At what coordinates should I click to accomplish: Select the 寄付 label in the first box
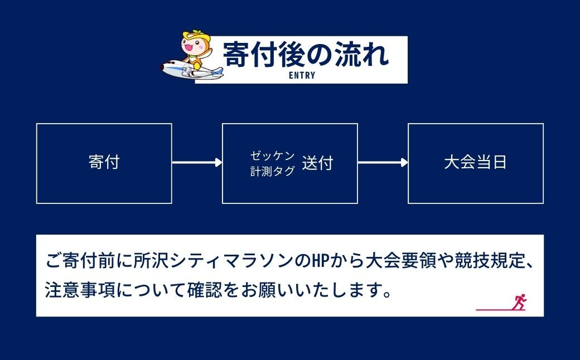pyautogui.click(x=104, y=163)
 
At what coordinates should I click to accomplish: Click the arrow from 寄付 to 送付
pyautogui.click(x=197, y=163)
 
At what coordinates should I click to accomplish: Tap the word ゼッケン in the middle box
pyautogui.click(x=272, y=155)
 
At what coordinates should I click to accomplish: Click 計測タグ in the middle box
pyautogui.click(x=272, y=172)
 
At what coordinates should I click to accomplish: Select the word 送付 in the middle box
pyautogui.click(x=317, y=163)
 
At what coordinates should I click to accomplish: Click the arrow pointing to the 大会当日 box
pyautogui.click(x=383, y=163)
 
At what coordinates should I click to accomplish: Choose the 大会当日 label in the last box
pyautogui.click(x=475, y=163)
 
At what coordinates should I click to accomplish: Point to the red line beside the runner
pyautogui.click(x=494, y=309)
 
